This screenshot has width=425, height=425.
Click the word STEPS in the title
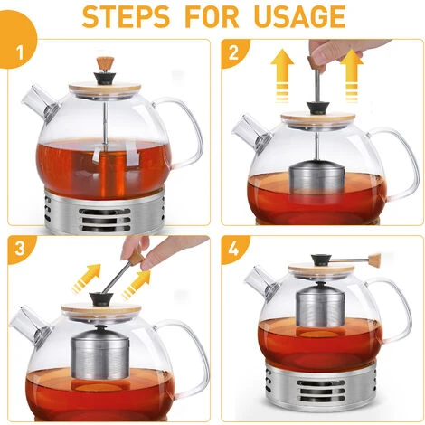(126, 16)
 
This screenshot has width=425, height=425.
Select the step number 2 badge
(234, 53)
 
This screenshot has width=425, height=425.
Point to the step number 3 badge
(21, 250)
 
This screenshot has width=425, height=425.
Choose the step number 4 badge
(234, 250)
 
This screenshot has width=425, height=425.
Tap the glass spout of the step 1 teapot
(41, 103)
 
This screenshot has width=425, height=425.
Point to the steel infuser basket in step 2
(316, 184)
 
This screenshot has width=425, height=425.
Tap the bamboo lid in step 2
(318, 118)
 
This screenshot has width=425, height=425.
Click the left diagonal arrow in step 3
(87, 278)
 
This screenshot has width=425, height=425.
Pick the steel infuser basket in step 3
(100, 354)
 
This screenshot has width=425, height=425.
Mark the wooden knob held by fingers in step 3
(137, 259)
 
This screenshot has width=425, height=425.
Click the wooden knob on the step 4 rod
(373, 260)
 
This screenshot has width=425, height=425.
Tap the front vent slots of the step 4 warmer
(321, 391)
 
